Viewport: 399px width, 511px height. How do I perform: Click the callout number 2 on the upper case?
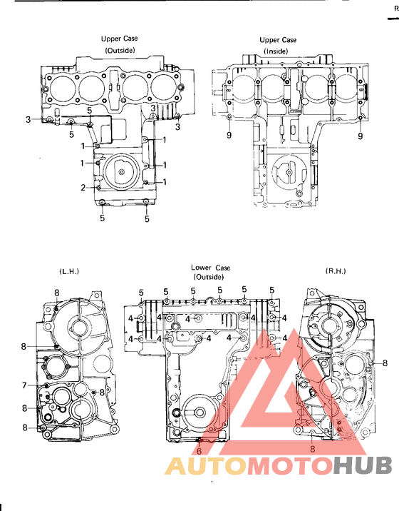click(83, 188)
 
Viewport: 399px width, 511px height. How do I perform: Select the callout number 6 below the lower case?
click(199, 451)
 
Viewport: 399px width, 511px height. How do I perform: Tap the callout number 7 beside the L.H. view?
click(24, 385)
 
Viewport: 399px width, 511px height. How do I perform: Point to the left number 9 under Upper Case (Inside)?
click(229, 135)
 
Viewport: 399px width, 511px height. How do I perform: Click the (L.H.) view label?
click(68, 271)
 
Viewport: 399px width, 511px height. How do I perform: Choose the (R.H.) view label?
click(335, 271)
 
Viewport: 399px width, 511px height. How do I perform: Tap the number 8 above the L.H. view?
click(56, 292)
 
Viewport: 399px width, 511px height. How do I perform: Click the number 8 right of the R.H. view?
click(385, 363)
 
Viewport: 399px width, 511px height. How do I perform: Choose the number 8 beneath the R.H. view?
click(312, 449)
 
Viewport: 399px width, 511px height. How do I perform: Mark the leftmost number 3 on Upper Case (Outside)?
click(28, 119)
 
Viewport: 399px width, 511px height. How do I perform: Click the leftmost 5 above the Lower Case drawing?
click(141, 292)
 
